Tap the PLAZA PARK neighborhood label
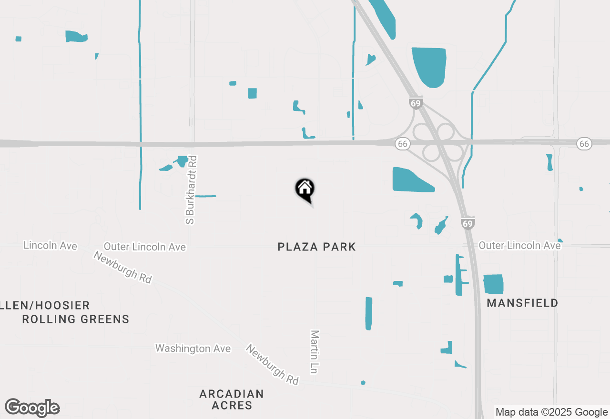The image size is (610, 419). pos(316,247)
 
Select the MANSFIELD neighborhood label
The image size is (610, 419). pos(522,303)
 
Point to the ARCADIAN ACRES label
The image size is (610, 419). pos(232,399)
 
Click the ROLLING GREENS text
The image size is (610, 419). pos(76,319)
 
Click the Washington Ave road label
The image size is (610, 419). pos(193,349)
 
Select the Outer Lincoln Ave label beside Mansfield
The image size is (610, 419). pos(519,245)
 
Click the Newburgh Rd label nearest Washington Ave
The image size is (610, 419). pos(273,365)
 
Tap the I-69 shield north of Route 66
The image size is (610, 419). pos(416,103)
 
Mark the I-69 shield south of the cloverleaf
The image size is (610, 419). pos(468,223)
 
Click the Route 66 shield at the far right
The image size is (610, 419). pos(584,143)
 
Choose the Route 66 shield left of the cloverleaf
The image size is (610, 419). pos(403,144)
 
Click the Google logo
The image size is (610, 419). pos(32,408)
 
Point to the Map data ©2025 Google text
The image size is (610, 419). pos(551,412)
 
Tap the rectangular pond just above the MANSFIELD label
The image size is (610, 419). pos(494,284)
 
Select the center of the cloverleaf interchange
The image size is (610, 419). pos(438,142)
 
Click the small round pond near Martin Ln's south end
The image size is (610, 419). pos(363,382)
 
